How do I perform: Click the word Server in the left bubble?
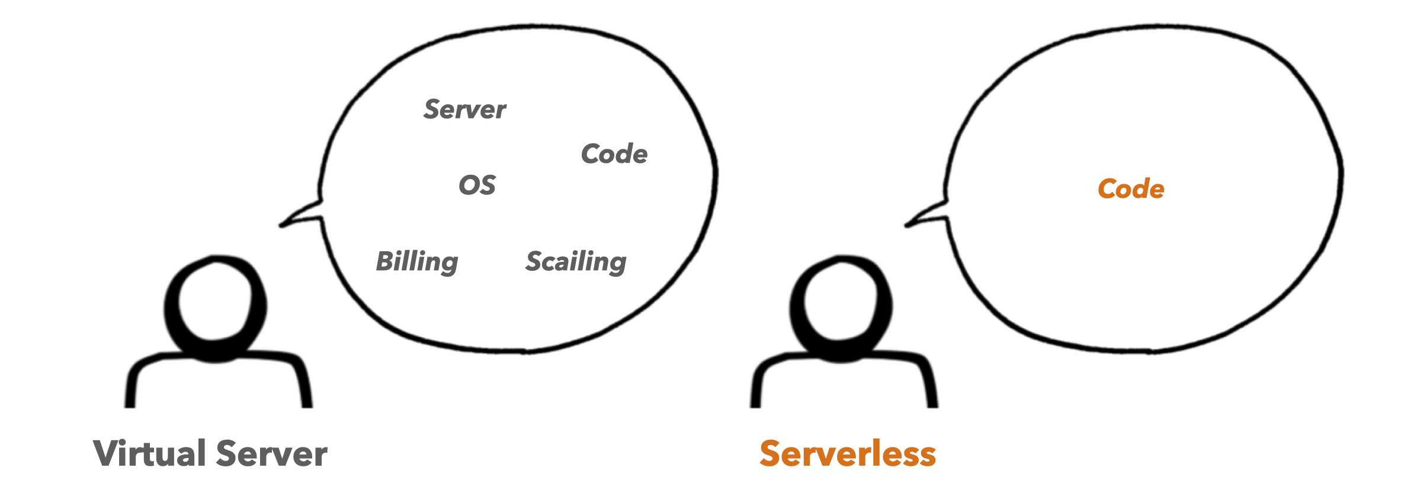click(465, 110)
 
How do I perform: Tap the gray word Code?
click(614, 154)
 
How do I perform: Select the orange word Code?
click(1131, 189)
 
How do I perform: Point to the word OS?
click(477, 185)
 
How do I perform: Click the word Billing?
click(417, 261)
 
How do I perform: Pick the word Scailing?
click(576, 261)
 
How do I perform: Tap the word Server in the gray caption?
click(272, 454)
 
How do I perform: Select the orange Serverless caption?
click(848, 454)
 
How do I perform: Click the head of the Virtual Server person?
click(216, 306)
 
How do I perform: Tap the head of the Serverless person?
click(841, 306)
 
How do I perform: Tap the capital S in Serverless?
click(771, 454)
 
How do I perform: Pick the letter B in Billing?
click(386, 261)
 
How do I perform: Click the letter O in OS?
click(469, 185)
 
